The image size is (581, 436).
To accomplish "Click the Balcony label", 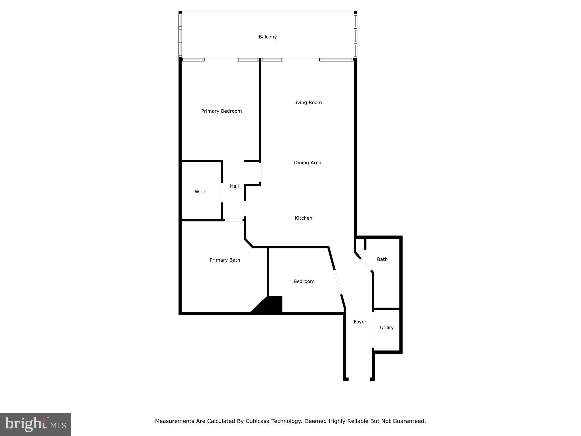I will (x=268, y=37).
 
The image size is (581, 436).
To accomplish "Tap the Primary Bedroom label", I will (x=221, y=111).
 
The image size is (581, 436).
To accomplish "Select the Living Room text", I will (x=308, y=102).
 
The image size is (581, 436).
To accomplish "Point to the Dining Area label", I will (x=308, y=163).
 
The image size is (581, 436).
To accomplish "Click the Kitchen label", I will (x=304, y=218).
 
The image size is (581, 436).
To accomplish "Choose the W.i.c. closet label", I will (x=201, y=192).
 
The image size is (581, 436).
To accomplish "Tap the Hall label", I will (x=234, y=186).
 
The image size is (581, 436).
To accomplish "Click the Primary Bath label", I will (x=225, y=260).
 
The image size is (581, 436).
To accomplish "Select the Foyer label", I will (x=360, y=322).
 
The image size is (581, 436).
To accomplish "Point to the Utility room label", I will (x=387, y=328).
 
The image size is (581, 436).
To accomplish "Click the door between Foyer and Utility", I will (x=373, y=329).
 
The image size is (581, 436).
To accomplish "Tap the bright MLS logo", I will (x=35, y=424).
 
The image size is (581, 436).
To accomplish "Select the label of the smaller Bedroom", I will (x=304, y=282).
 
